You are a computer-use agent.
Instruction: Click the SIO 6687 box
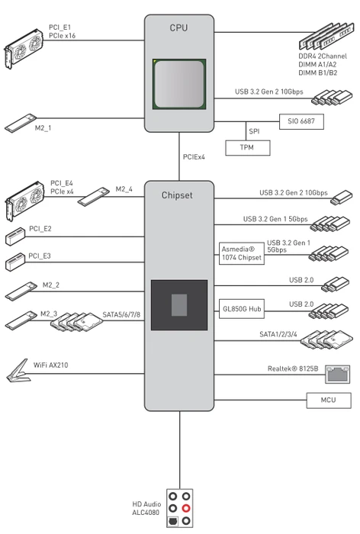coord(301,121)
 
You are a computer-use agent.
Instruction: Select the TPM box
coord(248,148)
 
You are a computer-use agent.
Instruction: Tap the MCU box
coord(329,400)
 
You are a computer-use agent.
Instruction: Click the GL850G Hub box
coord(242,309)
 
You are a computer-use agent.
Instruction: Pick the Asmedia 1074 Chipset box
coord(242,254)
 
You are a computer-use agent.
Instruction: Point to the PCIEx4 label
coord(194,157)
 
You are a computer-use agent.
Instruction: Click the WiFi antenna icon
coord(18,371)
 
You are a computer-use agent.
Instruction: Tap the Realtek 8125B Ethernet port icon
coord(338,375)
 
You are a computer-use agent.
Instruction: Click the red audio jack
coord(185,508)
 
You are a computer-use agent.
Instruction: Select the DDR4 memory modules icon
coord(325,37)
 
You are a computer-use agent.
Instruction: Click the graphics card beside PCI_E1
coord(24,48)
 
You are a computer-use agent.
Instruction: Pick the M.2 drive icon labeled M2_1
coord(20,123)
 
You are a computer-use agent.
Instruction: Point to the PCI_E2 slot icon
coord(15,236)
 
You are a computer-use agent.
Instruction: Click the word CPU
coord(178,28)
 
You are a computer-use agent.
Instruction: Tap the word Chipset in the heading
coord(177,195)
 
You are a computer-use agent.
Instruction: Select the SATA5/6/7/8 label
coord(121,314)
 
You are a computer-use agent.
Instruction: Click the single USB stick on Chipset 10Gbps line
coord(341,198)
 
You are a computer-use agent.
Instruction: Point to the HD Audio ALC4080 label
coord(146,508)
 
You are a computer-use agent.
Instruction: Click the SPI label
coord(254,131)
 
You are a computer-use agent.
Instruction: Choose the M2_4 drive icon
coord(93,197)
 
